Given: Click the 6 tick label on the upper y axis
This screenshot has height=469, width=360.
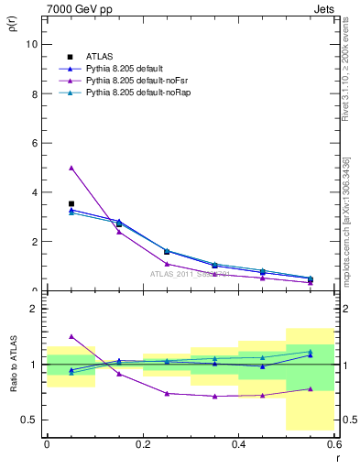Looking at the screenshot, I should click(x=36, y=143).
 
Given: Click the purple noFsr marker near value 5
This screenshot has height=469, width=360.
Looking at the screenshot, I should click(x=71, y=168).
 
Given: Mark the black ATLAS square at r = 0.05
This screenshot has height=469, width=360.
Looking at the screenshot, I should click(x=71, y=204).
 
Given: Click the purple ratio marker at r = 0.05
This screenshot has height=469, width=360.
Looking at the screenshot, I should click(x=71, y=336).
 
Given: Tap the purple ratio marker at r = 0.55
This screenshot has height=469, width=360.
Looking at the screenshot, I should click(x=310, y=388).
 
